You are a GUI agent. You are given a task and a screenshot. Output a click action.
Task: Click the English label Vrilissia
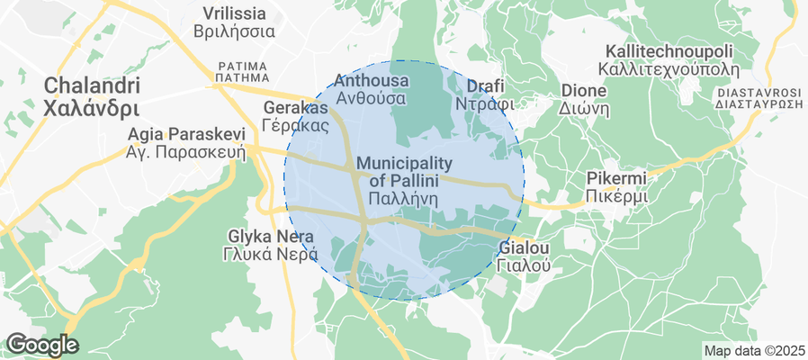point(234,13)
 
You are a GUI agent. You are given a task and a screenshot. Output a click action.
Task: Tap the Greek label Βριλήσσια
point(234,31)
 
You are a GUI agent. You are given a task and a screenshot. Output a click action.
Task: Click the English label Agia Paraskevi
point(186,134)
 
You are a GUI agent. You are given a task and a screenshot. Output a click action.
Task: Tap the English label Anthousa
point(371,81)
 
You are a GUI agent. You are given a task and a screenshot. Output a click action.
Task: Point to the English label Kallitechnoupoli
point(670,50)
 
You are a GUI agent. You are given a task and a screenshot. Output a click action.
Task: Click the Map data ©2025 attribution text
point(752,350)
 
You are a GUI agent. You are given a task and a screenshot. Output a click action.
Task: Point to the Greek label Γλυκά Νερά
point(271,254)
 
